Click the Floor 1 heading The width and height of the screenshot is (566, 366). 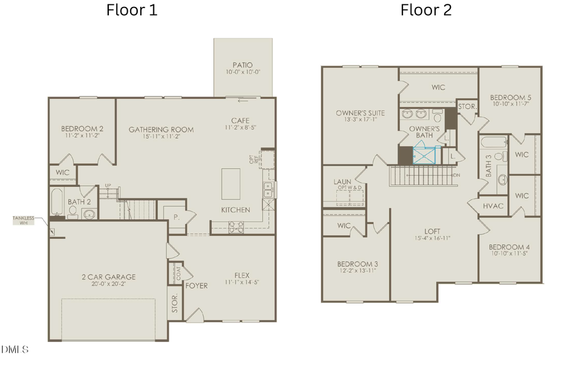[x=131, y=10]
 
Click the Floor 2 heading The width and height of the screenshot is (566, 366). [x=426, y=10]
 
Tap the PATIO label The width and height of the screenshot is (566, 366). [x=243, y=64]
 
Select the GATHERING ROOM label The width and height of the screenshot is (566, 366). [x=161, y=130]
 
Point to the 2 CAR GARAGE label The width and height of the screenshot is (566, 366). [x=108, y=277]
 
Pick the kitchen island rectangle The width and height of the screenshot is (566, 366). [x=231, y=183]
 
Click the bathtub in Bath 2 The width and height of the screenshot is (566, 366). [x=57, y=203]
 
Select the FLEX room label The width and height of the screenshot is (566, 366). [x=241, y=274]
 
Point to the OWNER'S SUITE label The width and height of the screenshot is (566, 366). [x=360, y=113]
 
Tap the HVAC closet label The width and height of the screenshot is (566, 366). [x=492, y=206]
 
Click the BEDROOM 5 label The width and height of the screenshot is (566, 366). [x=510, y=97]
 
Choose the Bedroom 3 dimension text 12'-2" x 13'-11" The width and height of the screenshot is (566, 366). [x=357, y=270]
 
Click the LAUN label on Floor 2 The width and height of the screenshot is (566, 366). [x=342, y=181]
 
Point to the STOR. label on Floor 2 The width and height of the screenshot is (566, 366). [x=467, y=106]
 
